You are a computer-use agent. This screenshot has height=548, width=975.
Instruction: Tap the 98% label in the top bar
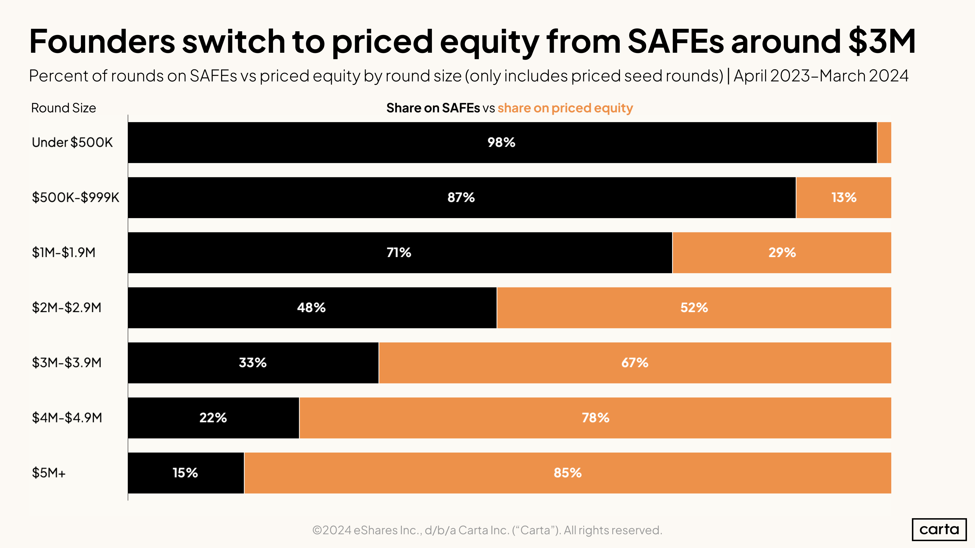coord(501,142)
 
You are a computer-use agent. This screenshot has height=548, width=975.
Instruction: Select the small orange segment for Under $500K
coord(884,142)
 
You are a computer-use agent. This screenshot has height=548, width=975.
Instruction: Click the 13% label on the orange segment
coord(844,197)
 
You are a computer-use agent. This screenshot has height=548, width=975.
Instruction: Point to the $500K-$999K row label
coord(75,197)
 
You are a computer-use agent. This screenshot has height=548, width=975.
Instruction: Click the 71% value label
coord(399,253)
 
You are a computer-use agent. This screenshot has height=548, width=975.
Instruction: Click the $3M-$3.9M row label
coord(67,363)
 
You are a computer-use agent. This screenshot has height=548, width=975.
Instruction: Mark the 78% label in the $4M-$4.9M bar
coord(595,418)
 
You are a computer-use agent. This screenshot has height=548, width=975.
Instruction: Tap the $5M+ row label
coord(49,473)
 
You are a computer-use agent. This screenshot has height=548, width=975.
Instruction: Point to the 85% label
coord(567,473)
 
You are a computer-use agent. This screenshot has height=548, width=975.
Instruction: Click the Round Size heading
coord(64,108)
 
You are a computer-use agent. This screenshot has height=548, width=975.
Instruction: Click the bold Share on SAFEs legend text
coord(433,108)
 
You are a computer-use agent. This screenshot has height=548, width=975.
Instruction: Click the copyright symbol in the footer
coord(317,530)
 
